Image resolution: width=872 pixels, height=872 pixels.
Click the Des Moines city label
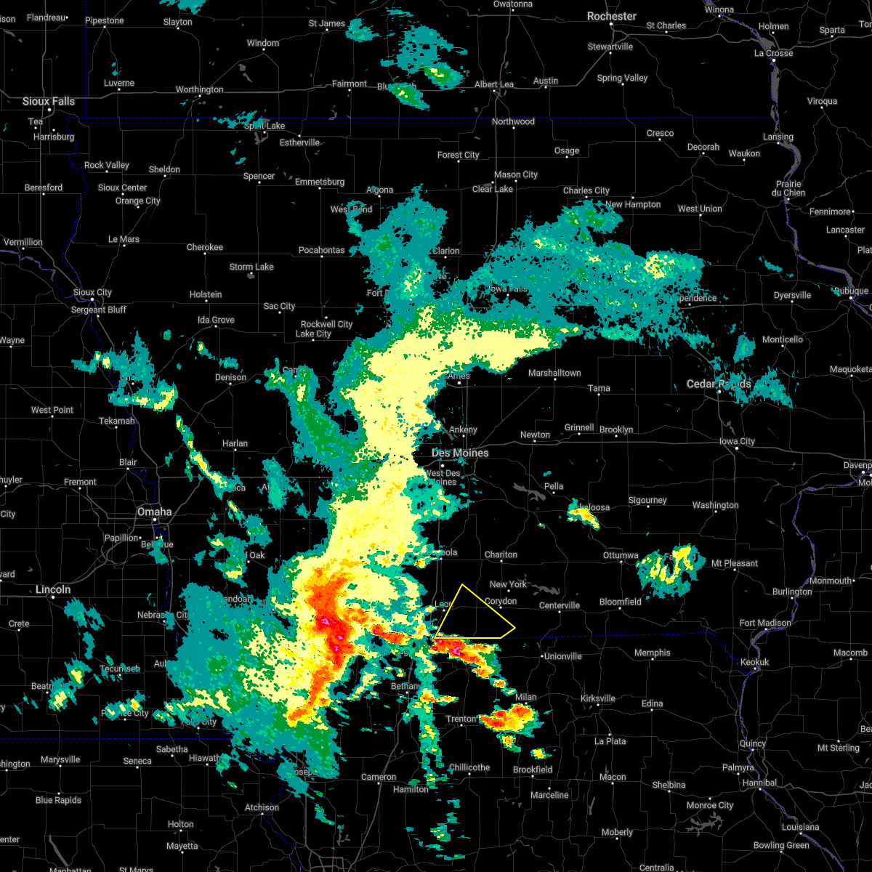460,453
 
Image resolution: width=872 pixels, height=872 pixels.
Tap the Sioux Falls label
49,102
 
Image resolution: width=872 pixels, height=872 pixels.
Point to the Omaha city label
154,512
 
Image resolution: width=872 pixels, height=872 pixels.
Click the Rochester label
612,16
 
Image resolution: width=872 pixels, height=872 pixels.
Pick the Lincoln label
53,589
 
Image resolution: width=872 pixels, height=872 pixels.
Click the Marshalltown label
554,373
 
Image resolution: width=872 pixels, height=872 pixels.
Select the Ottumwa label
621,556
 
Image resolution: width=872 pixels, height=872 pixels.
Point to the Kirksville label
598,698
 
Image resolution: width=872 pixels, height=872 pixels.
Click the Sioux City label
92,292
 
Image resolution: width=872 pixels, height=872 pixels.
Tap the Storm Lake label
251,267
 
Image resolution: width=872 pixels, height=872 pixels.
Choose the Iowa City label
737,441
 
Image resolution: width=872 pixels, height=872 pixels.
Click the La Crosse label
773,53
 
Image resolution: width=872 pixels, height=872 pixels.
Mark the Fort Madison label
765,623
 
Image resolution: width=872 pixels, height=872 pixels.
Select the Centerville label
560,605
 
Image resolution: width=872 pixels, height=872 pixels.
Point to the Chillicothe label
469,767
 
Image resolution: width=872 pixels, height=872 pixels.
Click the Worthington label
199,89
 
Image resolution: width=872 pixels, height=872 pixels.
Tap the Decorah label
703,147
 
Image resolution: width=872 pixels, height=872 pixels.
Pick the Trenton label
461,719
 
